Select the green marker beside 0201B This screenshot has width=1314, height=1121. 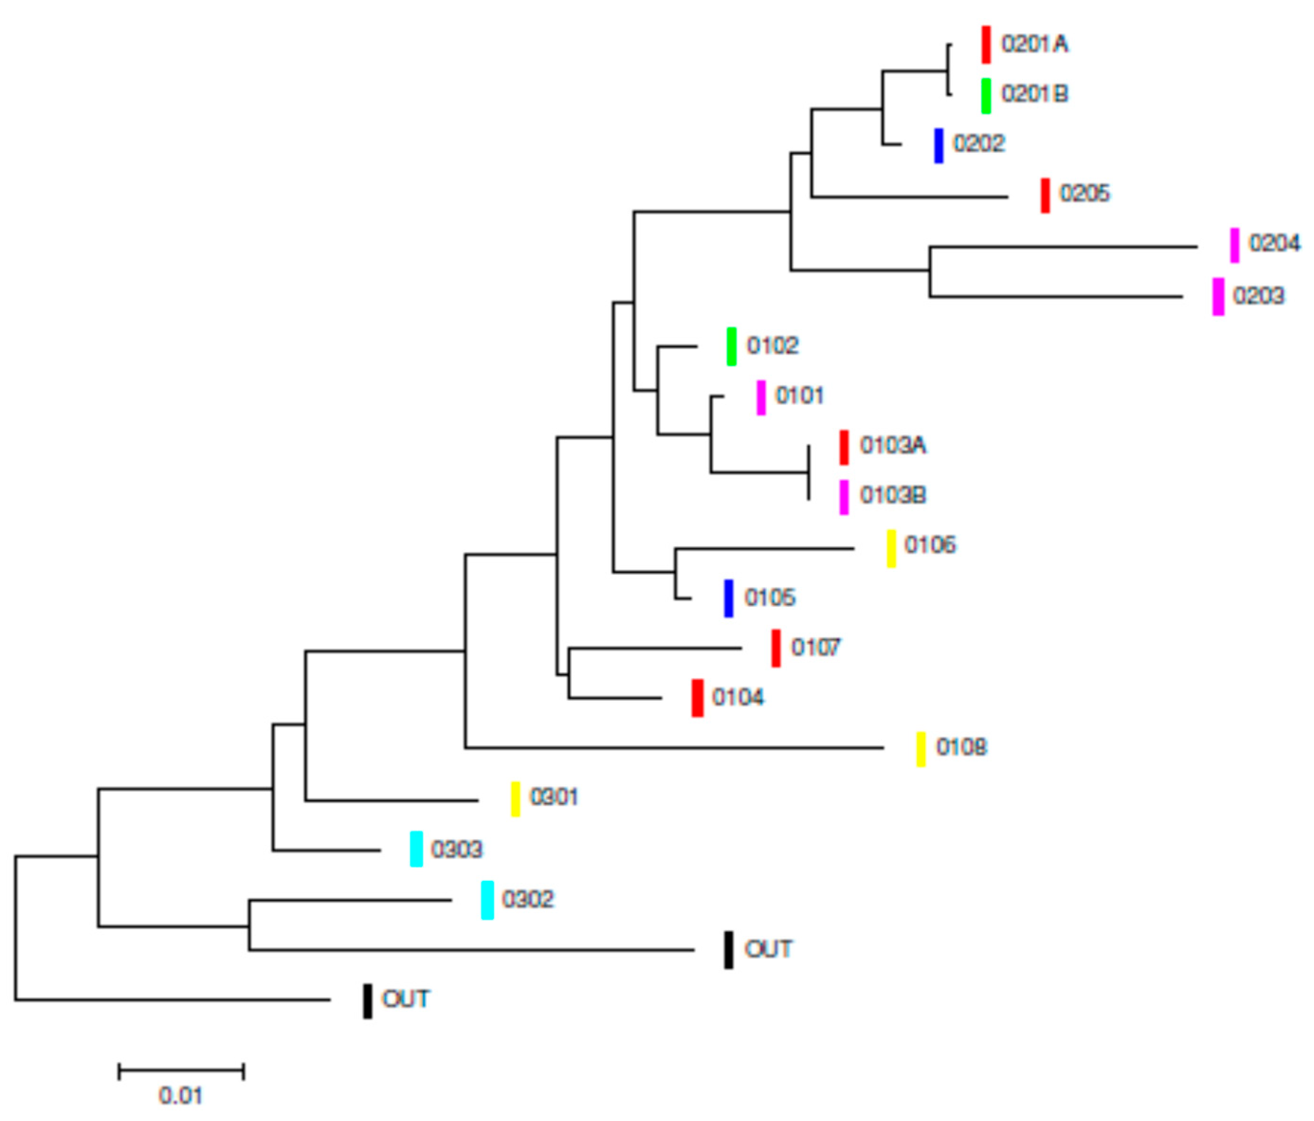pyautogui.click(x=986, y=96)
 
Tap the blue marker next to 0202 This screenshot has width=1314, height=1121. pyautogui.click(x=939, y=145)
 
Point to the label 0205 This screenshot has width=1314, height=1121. pyautogui.click(x=1085, y=193)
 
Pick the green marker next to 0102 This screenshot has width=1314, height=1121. pyautogui.click(x=731, y=346)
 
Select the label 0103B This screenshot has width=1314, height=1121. pyautogui.click(x=893, y=495)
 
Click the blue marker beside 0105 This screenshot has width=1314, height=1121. pyautogui.click(x=729, y=598)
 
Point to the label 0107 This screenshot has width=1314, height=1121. pyautogui.click(x=816, y=647)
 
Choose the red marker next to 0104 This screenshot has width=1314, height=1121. pyautogui.click(x=697, y=698)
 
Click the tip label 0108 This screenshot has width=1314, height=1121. pyautogui.click(x=961, y=748)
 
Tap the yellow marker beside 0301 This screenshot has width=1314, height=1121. pyautogui.click(x=516, y=799)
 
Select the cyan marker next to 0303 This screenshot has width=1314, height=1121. pyautogui.click(x=416, y=849)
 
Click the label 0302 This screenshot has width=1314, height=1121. pyautogui.click(x=527, y=899)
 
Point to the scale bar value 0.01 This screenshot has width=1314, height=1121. pyautogui.click(x=180, y=1095)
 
